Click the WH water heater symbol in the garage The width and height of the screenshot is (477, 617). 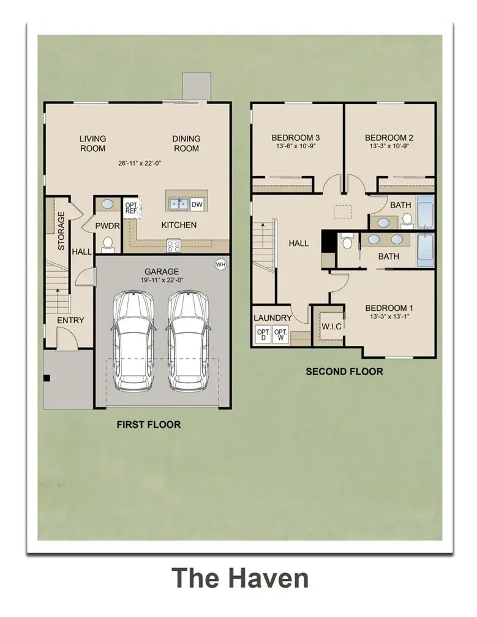point(220,264)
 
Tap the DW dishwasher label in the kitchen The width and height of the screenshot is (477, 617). point(197,204)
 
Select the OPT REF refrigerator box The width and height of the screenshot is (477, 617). point(132,208)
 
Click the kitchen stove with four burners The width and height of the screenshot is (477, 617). point(174,246)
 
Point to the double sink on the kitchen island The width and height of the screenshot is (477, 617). point(178,204)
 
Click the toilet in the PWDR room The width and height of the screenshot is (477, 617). point(108,244)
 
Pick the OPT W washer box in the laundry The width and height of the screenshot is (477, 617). point(280,334)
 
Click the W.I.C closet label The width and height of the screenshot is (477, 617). point(332,326)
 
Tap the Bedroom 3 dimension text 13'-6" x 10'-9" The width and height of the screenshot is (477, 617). point(296,148)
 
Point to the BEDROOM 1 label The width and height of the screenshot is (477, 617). point(389,308)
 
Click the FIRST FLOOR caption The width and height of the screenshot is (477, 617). point(149,424)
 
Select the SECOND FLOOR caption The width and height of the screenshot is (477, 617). point(344,372)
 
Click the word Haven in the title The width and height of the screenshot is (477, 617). point(267,578)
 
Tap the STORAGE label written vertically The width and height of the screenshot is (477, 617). point(61,231)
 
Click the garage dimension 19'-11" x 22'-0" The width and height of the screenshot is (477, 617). point(162,280)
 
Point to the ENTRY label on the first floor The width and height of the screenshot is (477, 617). point(71,320)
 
